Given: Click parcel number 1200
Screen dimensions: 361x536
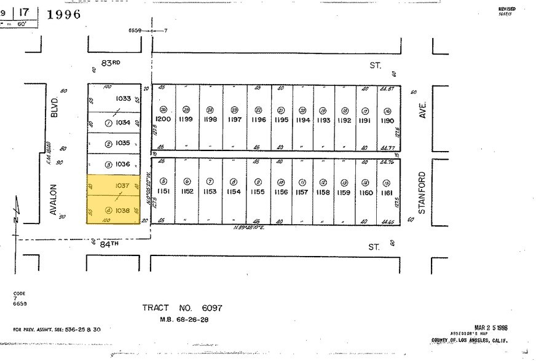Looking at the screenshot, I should point(163,119).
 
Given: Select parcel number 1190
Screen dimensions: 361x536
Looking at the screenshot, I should point(387,120).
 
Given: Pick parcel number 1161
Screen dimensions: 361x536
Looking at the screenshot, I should point(387,192).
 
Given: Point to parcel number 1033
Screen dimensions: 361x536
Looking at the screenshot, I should point(124,98).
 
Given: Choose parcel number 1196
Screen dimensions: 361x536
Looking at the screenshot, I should point(258,120).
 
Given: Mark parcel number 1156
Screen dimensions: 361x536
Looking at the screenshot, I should point(281,192).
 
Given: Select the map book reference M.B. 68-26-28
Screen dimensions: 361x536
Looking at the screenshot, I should point(176,319).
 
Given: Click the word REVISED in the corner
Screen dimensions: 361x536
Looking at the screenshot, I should point(507,8).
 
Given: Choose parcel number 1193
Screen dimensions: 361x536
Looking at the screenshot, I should point(323,120).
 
